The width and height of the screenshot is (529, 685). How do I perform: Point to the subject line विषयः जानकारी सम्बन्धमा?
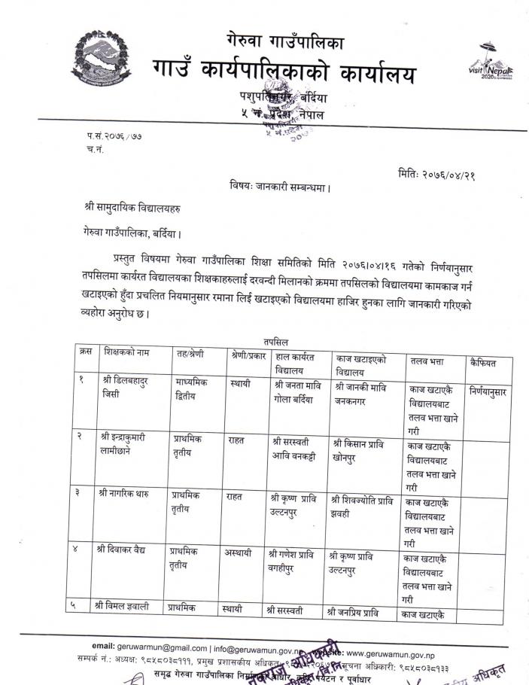coord(280,185)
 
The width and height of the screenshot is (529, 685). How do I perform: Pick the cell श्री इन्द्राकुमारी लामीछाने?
coord(129,443)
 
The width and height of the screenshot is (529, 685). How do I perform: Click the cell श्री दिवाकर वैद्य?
coord(125,550)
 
